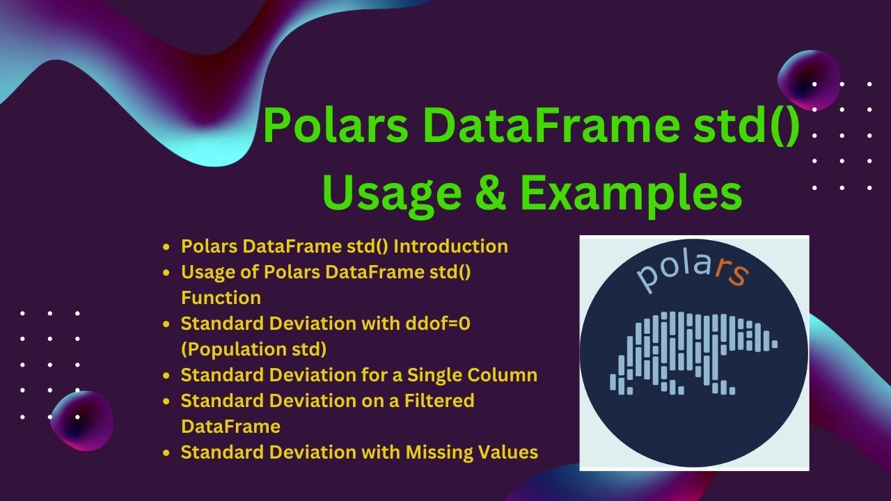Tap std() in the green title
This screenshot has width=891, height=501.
click(x=746, y=126)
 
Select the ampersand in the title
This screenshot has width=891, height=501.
click(x=491, y=193)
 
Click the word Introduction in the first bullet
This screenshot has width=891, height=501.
click(x=450, y=246)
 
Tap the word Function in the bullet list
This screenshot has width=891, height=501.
click(x=221, y=298)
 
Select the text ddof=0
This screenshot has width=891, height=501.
click(x=438, y=324)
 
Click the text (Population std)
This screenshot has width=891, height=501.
click(x=254, y=349)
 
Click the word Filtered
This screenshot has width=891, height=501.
click(x=439, y=400)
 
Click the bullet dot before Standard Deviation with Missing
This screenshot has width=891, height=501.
click(x=166, y=453)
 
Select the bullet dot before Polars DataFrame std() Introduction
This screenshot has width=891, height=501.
click(x=166, y=247)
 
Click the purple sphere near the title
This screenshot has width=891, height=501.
click(x=808, y=80)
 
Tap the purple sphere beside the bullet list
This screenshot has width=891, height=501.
click(x=82, y=421)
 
